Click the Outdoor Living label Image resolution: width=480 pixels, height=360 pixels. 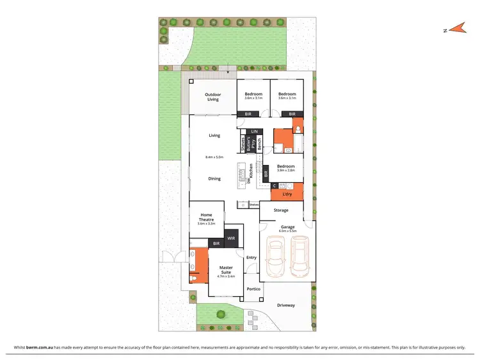pos(212,97)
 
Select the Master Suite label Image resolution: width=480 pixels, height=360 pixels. pos(227,270)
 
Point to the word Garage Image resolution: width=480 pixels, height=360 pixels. pos(287,226)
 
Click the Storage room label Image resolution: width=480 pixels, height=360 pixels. pos(281,210)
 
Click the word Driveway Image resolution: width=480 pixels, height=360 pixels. pos(286,305)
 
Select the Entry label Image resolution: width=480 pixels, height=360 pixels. pos(251,258)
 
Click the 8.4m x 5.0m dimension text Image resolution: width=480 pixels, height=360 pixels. pos(214,157)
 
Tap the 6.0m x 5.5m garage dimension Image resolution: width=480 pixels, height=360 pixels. pos(287,231)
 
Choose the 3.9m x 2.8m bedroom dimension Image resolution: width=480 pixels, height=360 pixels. pos(285,171)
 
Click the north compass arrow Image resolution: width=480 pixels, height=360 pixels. pos(455,29)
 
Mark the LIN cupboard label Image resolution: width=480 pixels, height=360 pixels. pos(254,131)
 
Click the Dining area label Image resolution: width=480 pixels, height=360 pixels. pos(214,178)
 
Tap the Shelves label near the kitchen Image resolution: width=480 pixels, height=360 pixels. pos(253,205)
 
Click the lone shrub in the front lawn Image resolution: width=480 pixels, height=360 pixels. pos(221,314)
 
